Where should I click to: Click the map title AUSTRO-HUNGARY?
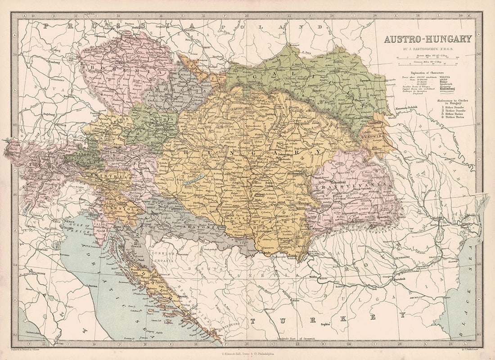pyautogui.click(x=427, y=39)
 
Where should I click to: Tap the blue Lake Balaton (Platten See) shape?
pyautogui.click(x=193, y=179)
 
